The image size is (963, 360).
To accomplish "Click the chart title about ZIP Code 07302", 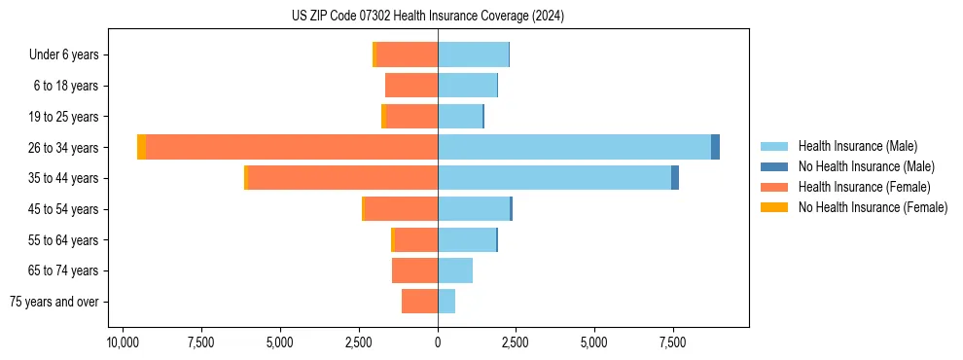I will click(427, 17).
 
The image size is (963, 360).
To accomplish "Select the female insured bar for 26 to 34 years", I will click(292, 147).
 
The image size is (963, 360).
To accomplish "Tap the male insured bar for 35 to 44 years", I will click(554, 178).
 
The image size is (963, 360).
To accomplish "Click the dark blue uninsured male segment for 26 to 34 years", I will click(715, 147).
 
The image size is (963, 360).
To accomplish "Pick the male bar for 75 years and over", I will click(446, 302).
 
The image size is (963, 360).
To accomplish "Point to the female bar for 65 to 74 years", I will click(414, 270).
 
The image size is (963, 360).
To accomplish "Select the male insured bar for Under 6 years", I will click(473, 54).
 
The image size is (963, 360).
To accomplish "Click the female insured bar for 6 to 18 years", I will click(411, 86).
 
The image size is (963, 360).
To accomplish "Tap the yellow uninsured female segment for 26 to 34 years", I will click(141, 147).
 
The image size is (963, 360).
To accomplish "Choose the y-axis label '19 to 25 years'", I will click(64, 117).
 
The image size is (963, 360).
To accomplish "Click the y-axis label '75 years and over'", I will click(54, 302).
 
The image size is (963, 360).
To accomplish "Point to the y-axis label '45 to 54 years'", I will click(64, 209).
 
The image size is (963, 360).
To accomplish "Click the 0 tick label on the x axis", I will click(438, 343).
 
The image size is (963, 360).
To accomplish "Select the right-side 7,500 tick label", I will click(672, 343).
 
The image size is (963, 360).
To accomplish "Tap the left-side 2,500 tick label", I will click(359, 343).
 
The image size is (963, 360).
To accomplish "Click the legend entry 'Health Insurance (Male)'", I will click(857, 146).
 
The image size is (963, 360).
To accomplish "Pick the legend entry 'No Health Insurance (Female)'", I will click(873, 207).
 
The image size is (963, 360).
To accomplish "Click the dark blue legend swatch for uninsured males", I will click(775, 166).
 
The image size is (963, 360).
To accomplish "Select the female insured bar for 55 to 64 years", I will click(415, 239).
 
